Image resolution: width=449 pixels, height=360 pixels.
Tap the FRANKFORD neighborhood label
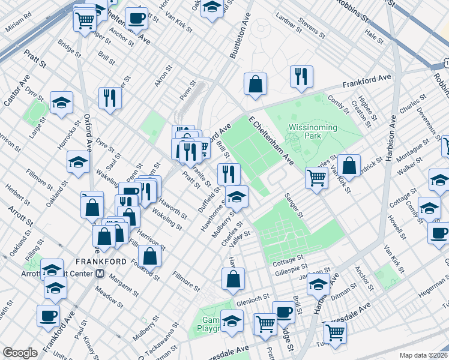[101, 262]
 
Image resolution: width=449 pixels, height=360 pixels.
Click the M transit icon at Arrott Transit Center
[100, 273]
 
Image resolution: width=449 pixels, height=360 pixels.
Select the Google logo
[20, 353]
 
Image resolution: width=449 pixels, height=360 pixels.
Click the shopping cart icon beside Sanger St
[316, 176]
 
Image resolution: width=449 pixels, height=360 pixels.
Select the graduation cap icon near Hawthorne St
[237, 196]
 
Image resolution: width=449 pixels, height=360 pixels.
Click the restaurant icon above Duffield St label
[228, 174]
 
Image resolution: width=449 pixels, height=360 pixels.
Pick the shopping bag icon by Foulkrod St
[150, 255]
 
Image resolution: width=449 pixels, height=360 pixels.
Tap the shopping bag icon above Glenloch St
[233, 278]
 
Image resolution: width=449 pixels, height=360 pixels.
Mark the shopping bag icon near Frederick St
[348, 166]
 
